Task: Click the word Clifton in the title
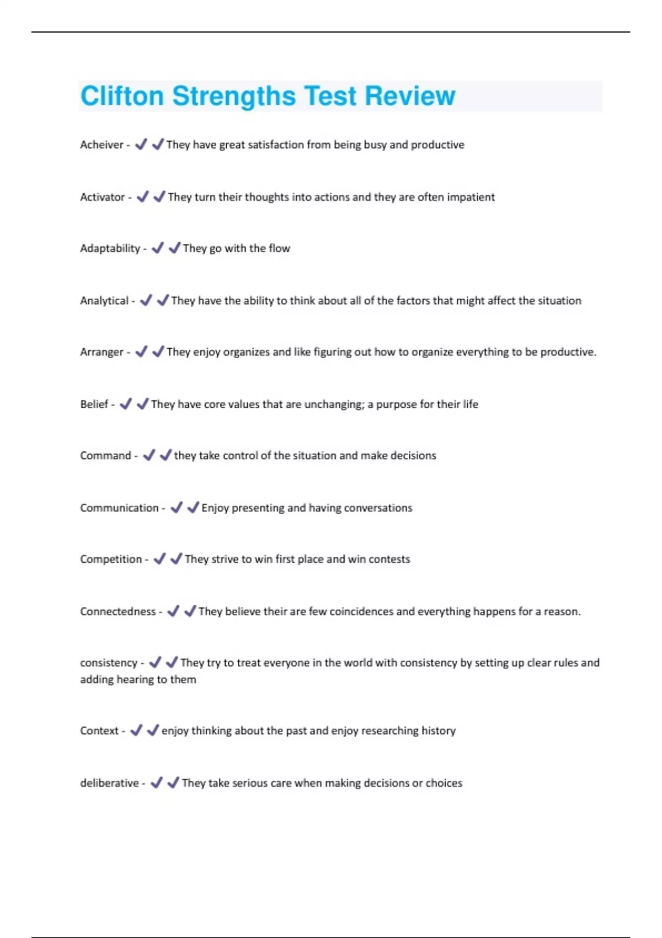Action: pos(122,96)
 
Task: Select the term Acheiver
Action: pos(102,145)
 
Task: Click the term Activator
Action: pos(102,197)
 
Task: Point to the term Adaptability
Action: pos(110,248)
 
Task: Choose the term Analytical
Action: pos(104,301)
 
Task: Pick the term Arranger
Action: pos(102,352)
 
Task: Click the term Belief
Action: pos(94,404)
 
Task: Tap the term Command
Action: pos(105,456)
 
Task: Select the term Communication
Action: pos(119,508)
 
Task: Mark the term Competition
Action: pos(111,559)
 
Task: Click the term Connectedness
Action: pos(118,611)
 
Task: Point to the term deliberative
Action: pos(109,783)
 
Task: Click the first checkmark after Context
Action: pos(136,731)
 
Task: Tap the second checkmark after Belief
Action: pos(142,404)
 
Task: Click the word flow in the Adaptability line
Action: pos(279,248)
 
